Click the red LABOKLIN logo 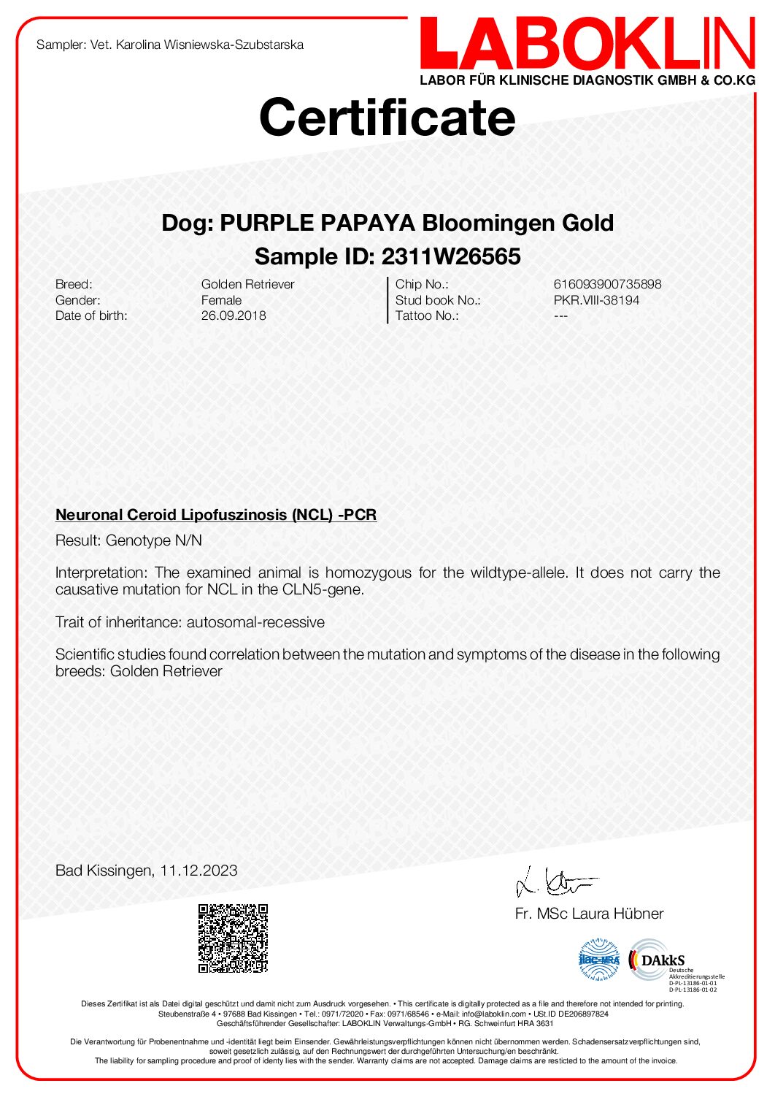587,45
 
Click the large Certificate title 387,117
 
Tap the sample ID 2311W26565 451,256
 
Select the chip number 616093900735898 607,284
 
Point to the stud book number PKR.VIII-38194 596,300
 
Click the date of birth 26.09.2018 234,315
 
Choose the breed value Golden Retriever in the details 247,284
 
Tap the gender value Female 221,300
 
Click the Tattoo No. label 427,315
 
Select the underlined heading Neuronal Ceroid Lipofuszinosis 216,515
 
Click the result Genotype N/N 154,540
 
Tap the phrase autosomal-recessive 255,622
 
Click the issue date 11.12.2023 198,871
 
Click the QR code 234,938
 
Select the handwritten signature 555,882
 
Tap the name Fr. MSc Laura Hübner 589,914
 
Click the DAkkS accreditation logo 657,960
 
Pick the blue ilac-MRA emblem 599,960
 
